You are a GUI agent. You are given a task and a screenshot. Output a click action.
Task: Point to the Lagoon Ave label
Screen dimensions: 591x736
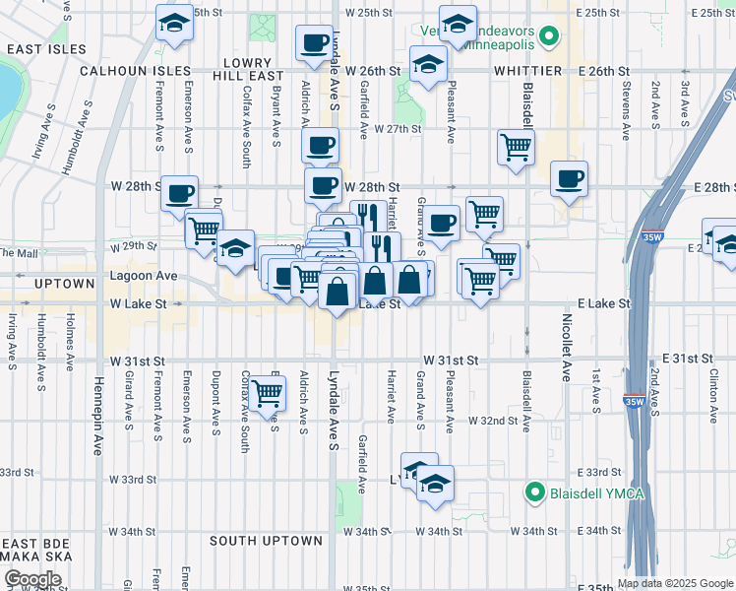143,277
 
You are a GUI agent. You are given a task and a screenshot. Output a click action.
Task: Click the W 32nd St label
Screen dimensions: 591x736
493,421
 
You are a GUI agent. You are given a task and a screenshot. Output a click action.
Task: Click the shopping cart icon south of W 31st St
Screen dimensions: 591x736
268,393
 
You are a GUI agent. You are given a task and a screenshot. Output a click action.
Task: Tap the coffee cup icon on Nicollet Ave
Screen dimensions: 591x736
569,178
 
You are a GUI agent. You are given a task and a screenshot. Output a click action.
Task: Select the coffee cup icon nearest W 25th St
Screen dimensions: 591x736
314,42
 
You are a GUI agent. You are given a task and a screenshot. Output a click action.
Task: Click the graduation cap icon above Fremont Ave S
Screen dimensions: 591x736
174,23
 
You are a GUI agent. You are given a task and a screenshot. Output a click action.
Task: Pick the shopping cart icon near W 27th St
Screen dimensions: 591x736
516,148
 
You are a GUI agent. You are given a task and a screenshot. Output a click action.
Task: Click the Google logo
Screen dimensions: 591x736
32,579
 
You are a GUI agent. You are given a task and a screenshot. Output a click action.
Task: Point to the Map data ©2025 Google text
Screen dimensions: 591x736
674,583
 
